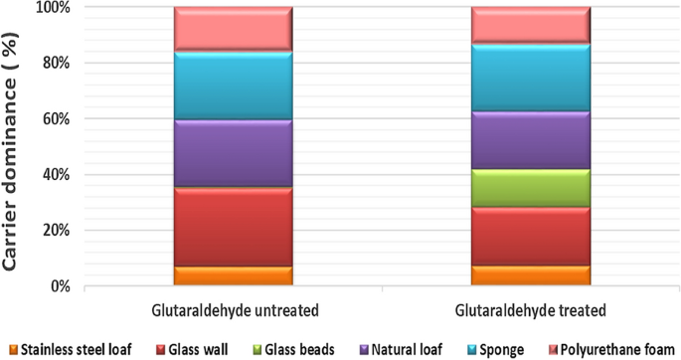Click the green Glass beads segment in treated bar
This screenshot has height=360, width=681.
point(530,188)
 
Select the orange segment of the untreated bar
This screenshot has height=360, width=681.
point(233,275)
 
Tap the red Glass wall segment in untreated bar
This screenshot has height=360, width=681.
point(233,227)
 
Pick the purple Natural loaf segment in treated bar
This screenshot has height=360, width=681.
point(530,140)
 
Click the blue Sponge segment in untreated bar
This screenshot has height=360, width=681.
point(233,86)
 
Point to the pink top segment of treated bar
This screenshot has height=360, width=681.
point(530,25)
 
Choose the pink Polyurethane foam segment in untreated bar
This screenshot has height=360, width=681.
point(233,29)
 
